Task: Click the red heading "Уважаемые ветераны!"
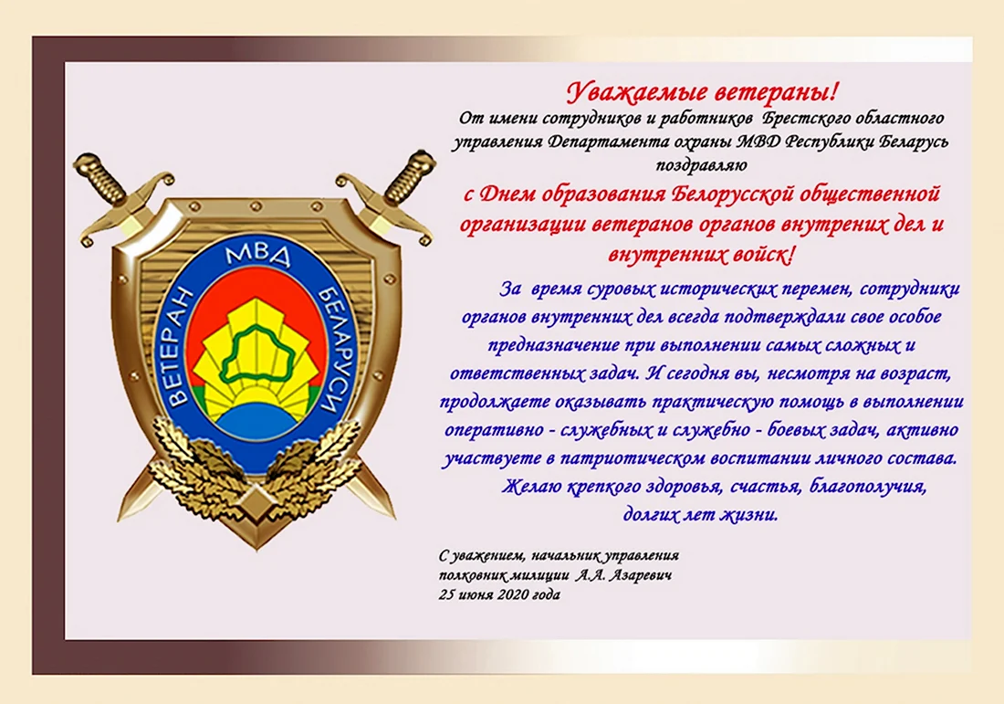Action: point(702,93)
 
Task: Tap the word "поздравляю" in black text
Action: point(701,165)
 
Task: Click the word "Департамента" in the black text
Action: point(600,142)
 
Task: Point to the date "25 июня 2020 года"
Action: point(499,594)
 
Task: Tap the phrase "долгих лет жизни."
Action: point(700,514)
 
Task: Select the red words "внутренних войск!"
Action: point(701,255)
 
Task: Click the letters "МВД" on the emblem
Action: point(258,256)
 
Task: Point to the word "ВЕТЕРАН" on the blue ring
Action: point(183,346)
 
